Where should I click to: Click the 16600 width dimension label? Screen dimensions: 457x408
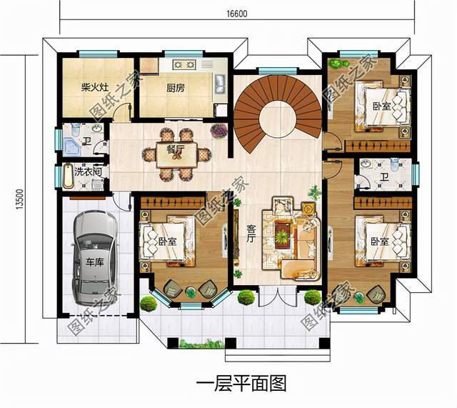click(236, 14)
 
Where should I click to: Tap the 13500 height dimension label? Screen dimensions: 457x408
click(19, 199)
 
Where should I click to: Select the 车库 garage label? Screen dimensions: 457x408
click(94, 262)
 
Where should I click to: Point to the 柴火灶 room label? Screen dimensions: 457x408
click(95, 87)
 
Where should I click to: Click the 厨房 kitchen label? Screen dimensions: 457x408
click(176, 88)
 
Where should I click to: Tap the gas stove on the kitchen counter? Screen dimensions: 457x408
click(184, 64)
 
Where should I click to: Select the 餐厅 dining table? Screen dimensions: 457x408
click(176, 154)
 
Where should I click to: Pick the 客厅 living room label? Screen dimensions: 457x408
click(251, 234)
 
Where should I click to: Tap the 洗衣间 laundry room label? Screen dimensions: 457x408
click(88, 171)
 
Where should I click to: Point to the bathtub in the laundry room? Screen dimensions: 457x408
click(69, 176)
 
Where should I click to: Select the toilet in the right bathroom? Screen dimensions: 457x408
click(395, 164)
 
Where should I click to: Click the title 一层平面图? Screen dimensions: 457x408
click(241, 383)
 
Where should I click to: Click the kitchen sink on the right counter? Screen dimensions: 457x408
click(220, 84)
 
